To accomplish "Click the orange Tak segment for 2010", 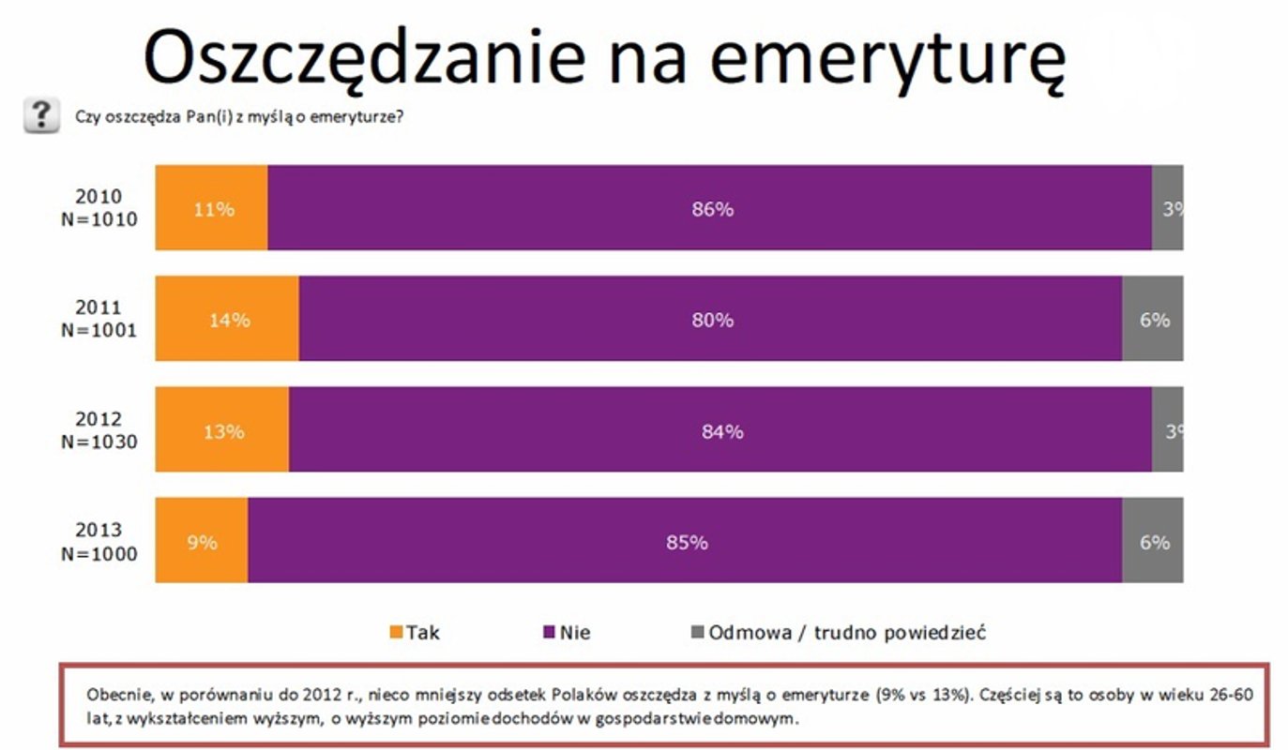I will [211, 208].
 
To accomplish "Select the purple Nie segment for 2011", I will [710, 320].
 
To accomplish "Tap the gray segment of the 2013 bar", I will [1152, 541].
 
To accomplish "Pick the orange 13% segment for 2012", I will [222, 430].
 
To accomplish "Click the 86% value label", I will [713, 209].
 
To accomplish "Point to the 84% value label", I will [722, 431].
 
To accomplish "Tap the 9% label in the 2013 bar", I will [202, 542].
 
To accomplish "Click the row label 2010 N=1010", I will [99, 208].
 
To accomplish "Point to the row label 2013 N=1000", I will [99, 542].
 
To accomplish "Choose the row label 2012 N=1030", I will [99, 430].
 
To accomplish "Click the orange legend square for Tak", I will [395, 632].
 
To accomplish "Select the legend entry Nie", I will [567, 632].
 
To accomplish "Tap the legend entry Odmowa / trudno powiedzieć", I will [838, 632].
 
